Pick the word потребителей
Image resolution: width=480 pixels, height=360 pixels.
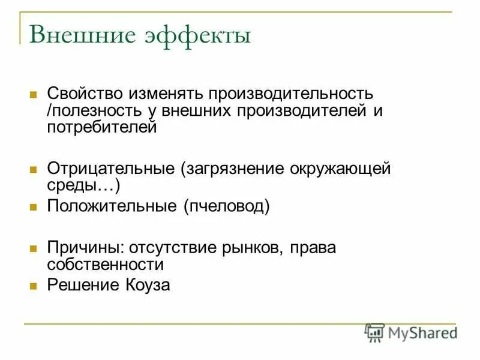(101, 127)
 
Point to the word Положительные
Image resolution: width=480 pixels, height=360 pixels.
(112, 206)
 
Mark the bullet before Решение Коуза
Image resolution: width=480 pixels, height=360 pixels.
(34, 286)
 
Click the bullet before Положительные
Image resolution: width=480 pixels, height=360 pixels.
(34, 207)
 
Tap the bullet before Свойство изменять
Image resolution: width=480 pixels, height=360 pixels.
(34, 95)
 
